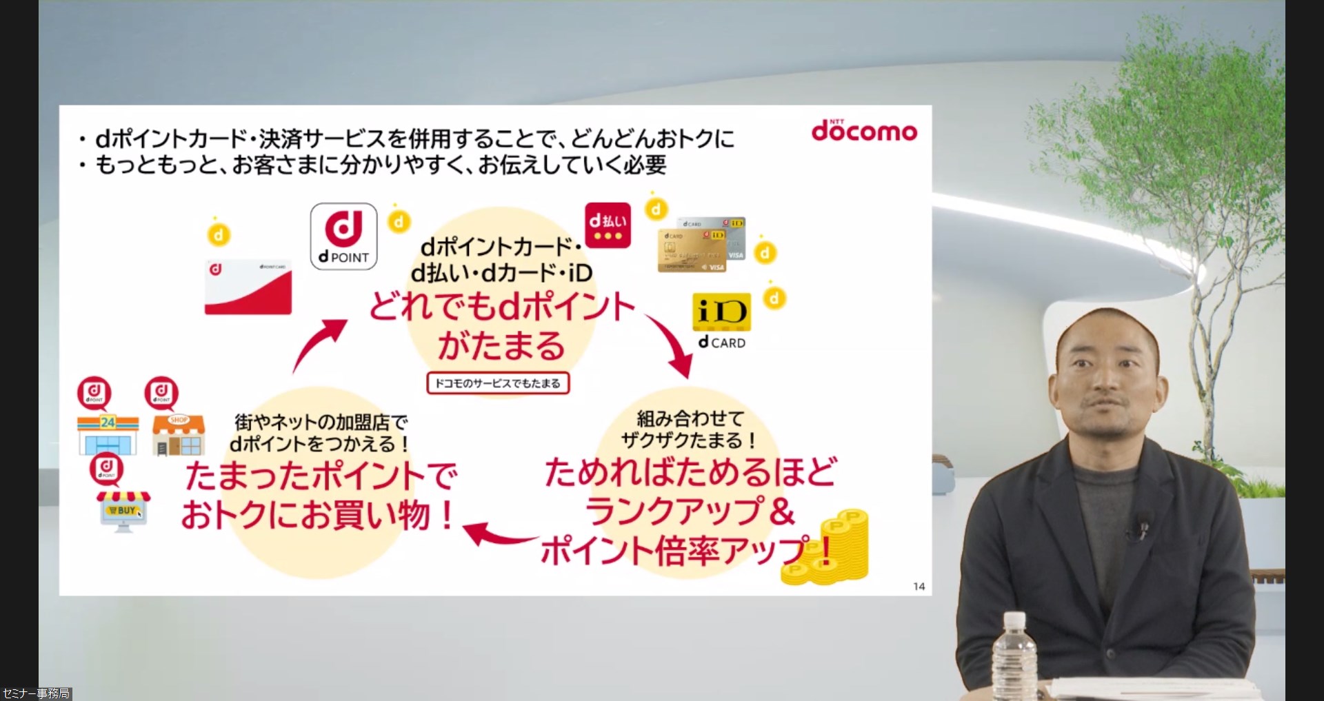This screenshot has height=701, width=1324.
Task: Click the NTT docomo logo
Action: pos(864,130)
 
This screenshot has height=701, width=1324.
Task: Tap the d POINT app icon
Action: pos(343,236)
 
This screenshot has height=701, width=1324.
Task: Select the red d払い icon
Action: pos(608,225)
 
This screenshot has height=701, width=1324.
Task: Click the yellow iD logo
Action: pos(721,312)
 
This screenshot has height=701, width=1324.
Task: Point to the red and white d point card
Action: pos(248,287)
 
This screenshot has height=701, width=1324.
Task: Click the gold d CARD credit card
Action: pos(692,252)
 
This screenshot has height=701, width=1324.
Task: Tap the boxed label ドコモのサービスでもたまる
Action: pos(498,383)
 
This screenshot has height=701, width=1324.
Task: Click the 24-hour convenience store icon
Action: pos(108,434)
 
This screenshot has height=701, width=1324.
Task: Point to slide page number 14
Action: pos(919,587)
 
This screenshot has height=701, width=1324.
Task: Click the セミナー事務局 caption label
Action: pos(36,693)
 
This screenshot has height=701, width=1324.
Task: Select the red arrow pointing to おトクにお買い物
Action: pos(498,535)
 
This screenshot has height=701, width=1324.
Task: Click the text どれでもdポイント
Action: pos(501,307)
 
